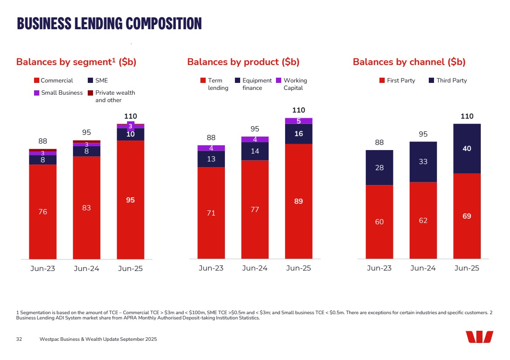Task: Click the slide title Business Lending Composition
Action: pyautogui.click(x=109, y=24)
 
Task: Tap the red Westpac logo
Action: pyautogui.click(x=479, y=337)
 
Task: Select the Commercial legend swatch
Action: pyautogui.click(x=37, y=81)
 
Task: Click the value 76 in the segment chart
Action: pyautogui.click(x=42, y=212)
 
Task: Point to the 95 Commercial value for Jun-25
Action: pyautogui.click(x=130, y=200)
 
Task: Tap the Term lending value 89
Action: pyautogui.click(x=299, y=202)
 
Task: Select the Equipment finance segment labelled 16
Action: pyautogui.click(x=299, y=134)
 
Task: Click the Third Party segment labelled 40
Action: pyautogui.click(x=467, y=149)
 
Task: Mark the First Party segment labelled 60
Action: pyautogui.click(x=379, y=222)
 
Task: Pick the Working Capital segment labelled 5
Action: pyautogui.click(x=299, y=121)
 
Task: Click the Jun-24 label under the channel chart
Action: pyautogui.click(x=423, y=268)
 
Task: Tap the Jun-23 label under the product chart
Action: pyautogui.click(x=211, y=268)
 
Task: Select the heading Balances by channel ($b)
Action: pyautogui.click(x=409, y=62)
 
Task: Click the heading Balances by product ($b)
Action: pyautogui.click(x=243, y=62)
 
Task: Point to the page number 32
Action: pyautogui.click(x=19, y=339)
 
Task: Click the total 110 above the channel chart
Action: pyautogui.click(x=467, y=117)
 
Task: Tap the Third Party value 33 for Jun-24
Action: pyautogui.click(x=423, y=162)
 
